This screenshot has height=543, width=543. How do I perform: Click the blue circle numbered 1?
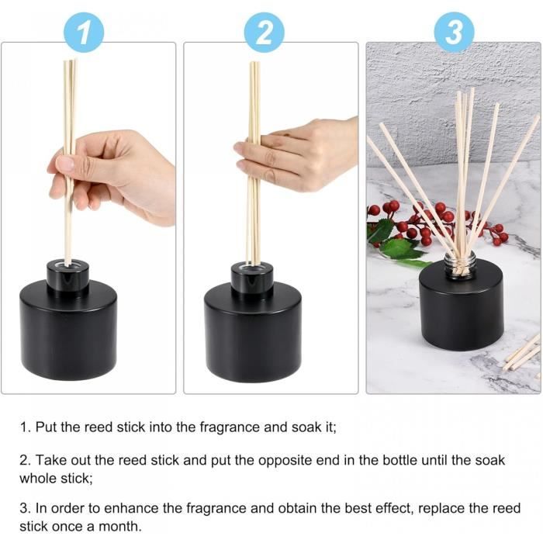pos(84,32)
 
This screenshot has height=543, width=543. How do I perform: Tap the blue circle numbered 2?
pos(265,32)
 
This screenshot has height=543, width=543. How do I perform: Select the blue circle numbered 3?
pos(454,32)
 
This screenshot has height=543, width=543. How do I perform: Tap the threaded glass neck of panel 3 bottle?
pos(460,265)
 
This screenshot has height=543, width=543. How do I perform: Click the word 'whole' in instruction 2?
pos(41,478)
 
